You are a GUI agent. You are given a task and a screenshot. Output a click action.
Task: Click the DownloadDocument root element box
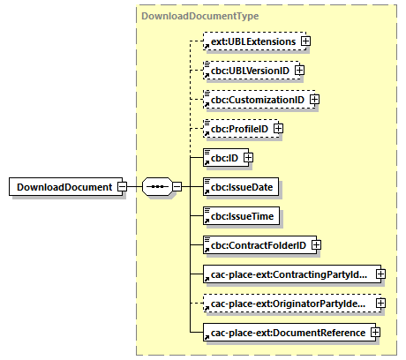point(63,187)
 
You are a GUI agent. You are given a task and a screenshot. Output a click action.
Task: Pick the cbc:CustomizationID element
point(254,100)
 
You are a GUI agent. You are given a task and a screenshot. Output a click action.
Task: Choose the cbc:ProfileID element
point(237,129)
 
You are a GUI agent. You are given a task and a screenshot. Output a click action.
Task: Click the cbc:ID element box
point(222,158)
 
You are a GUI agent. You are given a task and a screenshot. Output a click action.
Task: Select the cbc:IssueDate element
point(235,187)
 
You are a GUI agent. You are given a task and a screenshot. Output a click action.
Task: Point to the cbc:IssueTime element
point(235,216)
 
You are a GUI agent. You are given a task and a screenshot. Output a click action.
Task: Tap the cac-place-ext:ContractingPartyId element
point(287,274)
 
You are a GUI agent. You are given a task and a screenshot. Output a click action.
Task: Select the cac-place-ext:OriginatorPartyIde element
point(287,304)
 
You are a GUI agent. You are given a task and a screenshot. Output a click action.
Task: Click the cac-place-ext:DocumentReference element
point(285,333)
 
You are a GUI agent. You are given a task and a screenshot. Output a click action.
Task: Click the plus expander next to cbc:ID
point(248,158)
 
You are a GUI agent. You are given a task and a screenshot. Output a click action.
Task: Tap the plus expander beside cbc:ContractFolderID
point(315,245)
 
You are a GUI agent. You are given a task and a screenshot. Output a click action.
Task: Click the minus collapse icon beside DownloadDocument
point(123,187)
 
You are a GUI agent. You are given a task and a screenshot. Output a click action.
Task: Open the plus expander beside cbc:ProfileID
point(279,129)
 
